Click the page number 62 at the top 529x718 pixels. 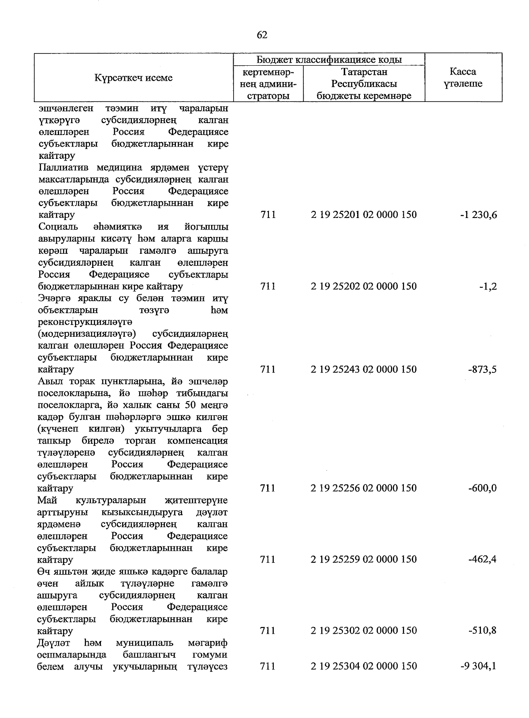click(x=262, y=35)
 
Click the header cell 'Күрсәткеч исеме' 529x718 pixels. click(x=134, y=78)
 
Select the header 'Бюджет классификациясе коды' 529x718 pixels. click(x=329, y=60)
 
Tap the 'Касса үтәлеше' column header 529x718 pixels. click(x=463, y=78)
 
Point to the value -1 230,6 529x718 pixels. click(x=478, y=215)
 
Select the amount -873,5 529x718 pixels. click(x=482, y=369)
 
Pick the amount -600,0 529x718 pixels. click(x=482, y=488)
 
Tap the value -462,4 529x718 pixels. click(x=482, y=559)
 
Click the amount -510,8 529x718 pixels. click(x=482, y=631)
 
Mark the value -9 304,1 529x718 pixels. click(x=478, y=666)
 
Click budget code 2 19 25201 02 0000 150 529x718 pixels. click(x=363, y=215)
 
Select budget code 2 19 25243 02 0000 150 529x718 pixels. click(x=363, y=369)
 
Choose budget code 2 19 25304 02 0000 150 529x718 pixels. click(x=363, y=666)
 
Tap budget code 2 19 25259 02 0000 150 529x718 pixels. click(x=363, y=559)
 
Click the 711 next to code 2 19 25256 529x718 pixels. click(x=268, y=488)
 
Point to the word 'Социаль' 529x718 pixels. click(x=58, y=227)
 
